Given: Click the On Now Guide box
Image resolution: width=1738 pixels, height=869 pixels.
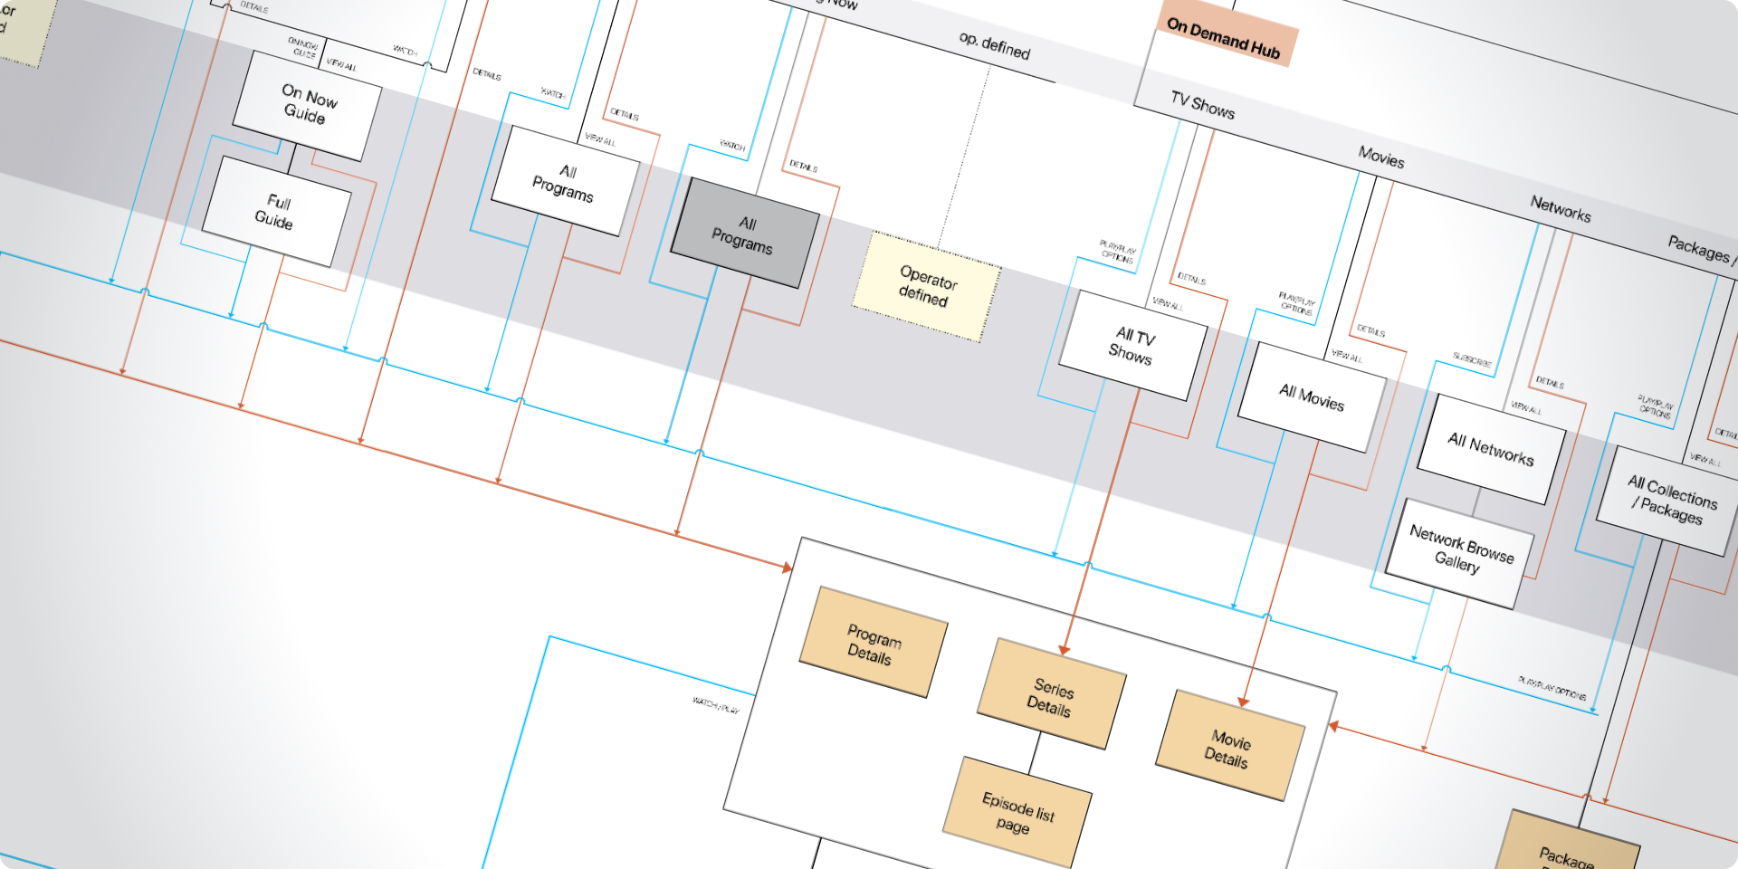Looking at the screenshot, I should (x=307, y=105).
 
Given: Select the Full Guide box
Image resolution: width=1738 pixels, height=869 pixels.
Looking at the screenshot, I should (x=276, y=212).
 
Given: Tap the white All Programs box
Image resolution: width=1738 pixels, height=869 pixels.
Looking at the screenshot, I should (x=565, y=182).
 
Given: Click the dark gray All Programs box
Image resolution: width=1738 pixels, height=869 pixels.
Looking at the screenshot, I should (x=744, y=234).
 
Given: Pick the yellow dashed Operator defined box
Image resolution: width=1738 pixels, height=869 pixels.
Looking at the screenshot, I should (x=926, y=286).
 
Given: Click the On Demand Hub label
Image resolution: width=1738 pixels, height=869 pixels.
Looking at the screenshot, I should (x=1223, y=38).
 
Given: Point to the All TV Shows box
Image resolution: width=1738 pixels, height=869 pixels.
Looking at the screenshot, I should (x=1132, y=346).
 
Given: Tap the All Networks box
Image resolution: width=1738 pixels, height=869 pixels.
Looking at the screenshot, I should (x=1490, y=449).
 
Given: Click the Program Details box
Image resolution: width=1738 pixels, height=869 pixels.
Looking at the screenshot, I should (x=873, y=643).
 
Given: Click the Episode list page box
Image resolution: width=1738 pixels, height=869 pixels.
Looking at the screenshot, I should (x=1017, y=812).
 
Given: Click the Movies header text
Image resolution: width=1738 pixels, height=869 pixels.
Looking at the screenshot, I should (x=1381, y=158).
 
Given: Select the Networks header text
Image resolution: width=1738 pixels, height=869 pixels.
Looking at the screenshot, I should (x=1560, y=209).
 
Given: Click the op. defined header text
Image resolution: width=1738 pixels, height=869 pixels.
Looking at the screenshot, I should (x=994, y=45).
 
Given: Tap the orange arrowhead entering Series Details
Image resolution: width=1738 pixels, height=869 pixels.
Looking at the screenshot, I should (x=1065, y=649).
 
